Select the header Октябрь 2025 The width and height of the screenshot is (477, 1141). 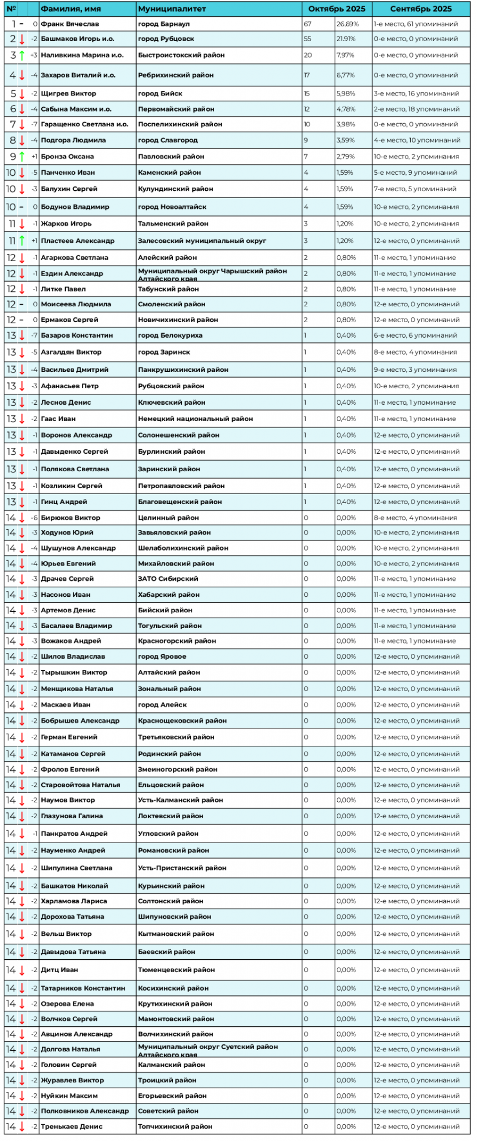point(336,9)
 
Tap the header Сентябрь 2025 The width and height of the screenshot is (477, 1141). point(420,9)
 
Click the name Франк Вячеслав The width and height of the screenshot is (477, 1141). point(70,24)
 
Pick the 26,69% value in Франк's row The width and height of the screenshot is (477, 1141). point(347,24)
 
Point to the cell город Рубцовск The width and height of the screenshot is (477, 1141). point(166,39)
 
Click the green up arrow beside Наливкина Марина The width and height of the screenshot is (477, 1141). point(22,55)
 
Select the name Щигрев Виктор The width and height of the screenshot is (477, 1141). point(69,93)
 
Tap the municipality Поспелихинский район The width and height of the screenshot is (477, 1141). point(180,124)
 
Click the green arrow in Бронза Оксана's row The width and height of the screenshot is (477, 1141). point(22,156)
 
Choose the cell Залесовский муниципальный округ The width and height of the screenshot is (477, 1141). point(202,241)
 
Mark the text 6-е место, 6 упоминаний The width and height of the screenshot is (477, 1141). point(415,335)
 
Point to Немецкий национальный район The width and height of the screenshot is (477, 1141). point(195,419)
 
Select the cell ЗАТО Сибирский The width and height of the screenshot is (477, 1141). point(168,578)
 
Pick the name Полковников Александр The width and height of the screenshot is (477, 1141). point(84,1111)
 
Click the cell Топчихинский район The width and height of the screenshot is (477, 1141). point(175,1127)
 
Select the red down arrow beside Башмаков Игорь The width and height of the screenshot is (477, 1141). point(22,39)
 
